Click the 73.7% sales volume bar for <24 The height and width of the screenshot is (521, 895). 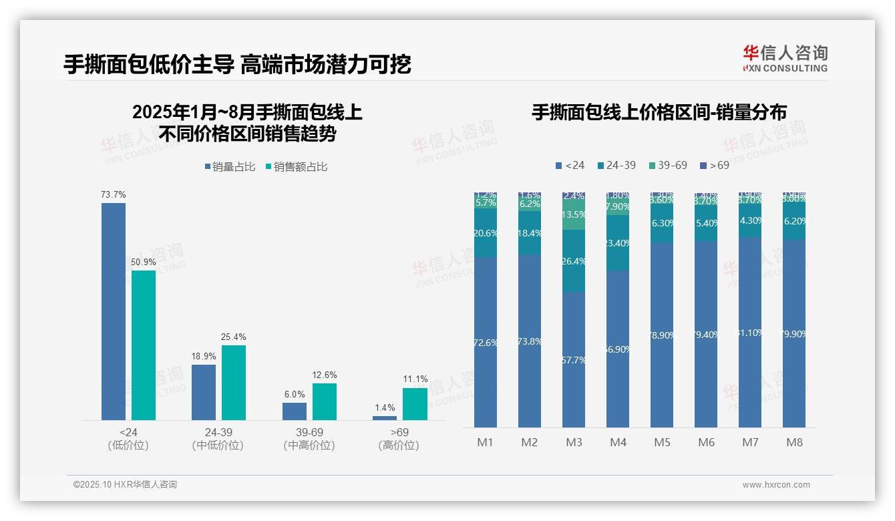[114, 311]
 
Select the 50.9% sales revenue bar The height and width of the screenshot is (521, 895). [144, 345]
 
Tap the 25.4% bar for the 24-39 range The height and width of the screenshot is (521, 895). [234, 382]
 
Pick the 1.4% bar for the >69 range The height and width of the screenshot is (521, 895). [385, 417]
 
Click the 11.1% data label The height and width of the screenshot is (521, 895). [415, 379]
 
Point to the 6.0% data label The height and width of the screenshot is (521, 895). [294, 394]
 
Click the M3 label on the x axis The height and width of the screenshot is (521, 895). [574, 442]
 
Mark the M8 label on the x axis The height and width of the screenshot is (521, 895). [794, 442]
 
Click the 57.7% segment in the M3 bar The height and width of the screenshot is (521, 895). [574, 359]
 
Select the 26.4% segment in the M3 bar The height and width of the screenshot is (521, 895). [574, 261]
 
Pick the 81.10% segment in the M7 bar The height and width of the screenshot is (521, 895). [750, 332]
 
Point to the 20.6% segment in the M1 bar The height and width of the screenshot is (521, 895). [486, 233]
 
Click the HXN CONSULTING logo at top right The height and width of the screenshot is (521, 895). [785, 58]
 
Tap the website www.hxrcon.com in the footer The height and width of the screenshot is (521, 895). [775, 485]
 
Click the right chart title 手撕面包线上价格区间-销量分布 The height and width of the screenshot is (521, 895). [659, 112]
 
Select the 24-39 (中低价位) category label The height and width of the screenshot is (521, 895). [218, 439]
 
